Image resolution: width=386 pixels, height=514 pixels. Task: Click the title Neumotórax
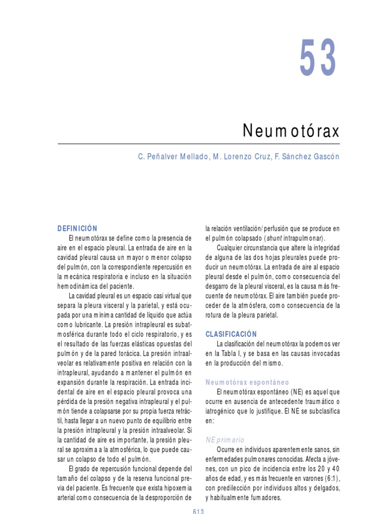(x=291, y=132)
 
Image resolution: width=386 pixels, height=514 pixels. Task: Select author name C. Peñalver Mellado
(x=170, y=157)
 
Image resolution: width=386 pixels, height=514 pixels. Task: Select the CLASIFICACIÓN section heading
(x=231, y=334)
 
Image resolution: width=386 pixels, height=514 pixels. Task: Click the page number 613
(x=198, y=510)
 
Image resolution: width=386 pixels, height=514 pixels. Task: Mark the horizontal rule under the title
(x=199, y=144)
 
